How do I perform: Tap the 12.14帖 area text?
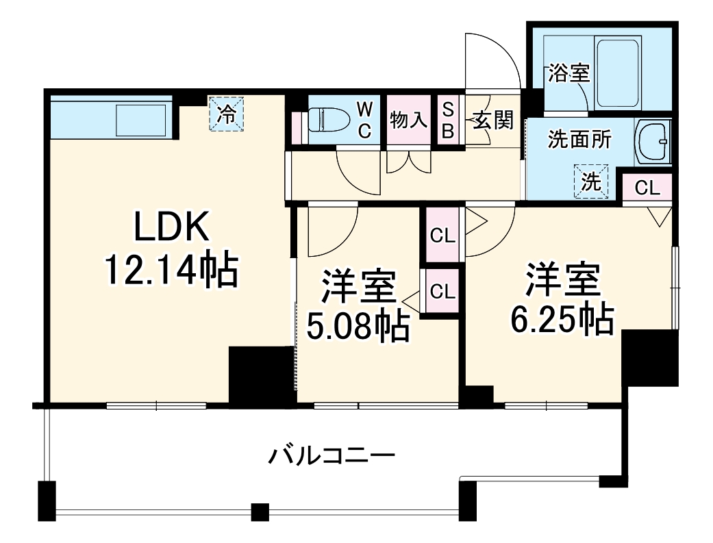[171, 270]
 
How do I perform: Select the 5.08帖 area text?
[358, 327]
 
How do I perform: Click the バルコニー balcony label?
[332, 455]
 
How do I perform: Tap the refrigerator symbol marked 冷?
[227, 114]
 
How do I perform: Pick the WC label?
[366, 121]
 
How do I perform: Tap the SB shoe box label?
[447, 121]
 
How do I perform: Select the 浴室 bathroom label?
[568, 74]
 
